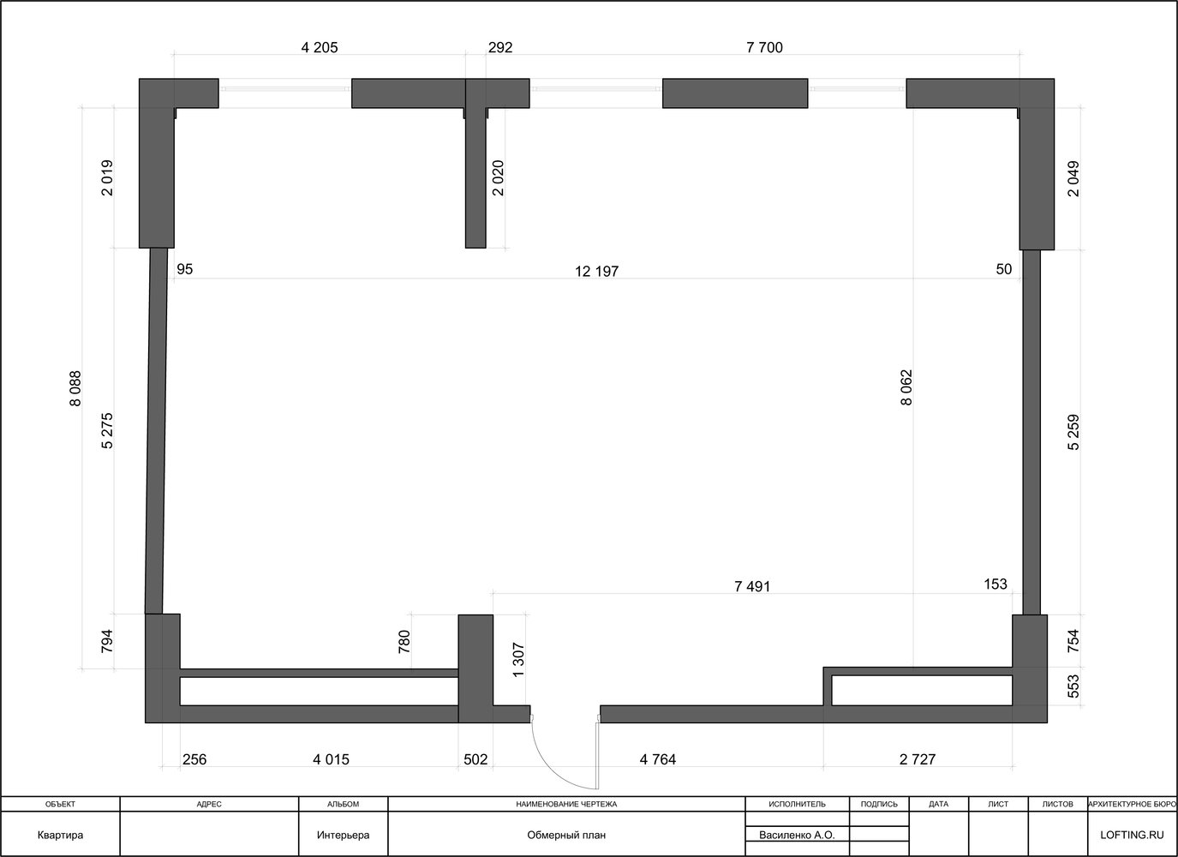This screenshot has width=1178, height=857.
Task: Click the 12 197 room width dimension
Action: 597,272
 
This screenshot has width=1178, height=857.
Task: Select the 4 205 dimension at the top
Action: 320,47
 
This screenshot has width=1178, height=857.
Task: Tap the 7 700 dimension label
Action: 765,47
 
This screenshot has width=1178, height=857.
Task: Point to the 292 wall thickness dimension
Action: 500,47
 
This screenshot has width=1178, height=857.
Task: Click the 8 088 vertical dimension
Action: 75,389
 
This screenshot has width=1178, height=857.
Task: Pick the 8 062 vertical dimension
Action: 906,387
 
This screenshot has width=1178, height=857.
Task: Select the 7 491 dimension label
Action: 752,586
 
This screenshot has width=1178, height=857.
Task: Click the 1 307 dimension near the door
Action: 518,660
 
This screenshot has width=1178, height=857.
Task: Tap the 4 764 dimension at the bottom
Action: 658,759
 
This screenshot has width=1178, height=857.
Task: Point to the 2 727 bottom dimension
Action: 918,759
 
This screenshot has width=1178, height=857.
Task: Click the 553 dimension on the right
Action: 1073,686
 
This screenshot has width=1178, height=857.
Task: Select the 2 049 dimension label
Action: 1073,179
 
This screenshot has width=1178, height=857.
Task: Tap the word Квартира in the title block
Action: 60,835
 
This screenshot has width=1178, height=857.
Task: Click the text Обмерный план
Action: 566,835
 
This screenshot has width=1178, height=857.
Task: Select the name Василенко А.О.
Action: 797,835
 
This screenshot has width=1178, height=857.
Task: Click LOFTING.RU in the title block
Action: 1132,835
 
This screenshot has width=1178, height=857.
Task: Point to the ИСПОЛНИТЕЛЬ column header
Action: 797,804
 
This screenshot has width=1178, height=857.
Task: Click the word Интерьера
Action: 343,835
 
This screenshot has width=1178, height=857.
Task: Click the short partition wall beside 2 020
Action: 475,177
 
